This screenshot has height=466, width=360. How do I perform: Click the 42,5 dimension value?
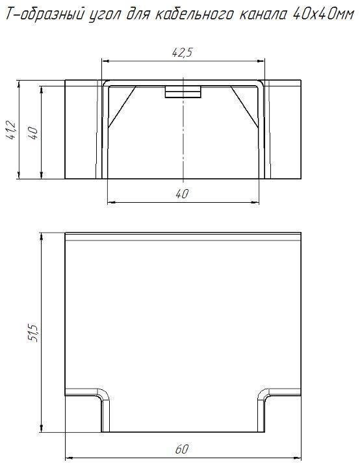pyautogui.click(x=183, y=53)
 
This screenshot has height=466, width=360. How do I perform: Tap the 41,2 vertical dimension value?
pyautogui.click(x=12, y=129)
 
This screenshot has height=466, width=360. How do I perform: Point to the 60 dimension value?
pyautogui.click(x=182, y=449)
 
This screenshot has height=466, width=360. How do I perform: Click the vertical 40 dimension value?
pyautogui.click(x=32, y=133)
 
